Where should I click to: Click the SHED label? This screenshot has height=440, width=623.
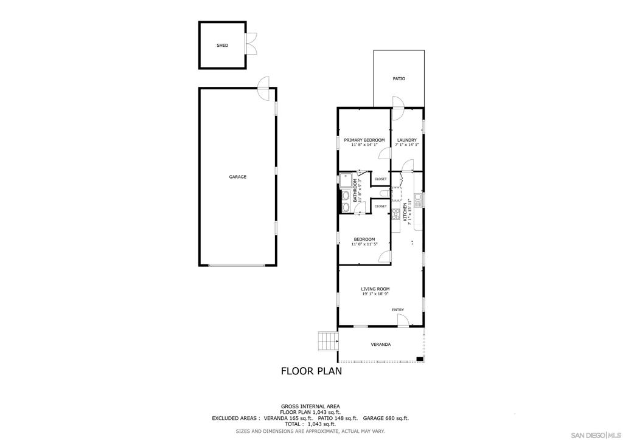coord(222,46)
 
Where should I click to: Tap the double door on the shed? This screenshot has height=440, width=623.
coord(250,46)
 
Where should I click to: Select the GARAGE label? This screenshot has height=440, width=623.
coord(237,177)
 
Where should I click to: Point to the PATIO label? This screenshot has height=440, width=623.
coord(399,78)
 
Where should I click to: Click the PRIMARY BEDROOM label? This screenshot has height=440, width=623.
coord(364,140)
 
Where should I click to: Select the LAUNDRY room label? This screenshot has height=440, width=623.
coord(406,140)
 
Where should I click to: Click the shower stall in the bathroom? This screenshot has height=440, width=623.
coord(346,181)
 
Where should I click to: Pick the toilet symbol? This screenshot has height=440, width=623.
coord(383,193)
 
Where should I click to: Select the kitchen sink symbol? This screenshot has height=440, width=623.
coord(417,198)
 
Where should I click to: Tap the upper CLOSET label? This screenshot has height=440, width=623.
coord(380,179)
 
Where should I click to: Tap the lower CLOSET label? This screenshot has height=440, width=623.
coord(380,206)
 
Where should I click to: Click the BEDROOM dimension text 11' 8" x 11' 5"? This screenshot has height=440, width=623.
coord(364,244)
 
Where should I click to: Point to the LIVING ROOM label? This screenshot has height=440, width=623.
coord(375,289)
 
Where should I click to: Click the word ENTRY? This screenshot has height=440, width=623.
coord(397,310)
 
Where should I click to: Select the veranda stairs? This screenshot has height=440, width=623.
coord(327,342)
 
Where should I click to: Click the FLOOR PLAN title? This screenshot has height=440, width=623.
coord(311,370)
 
